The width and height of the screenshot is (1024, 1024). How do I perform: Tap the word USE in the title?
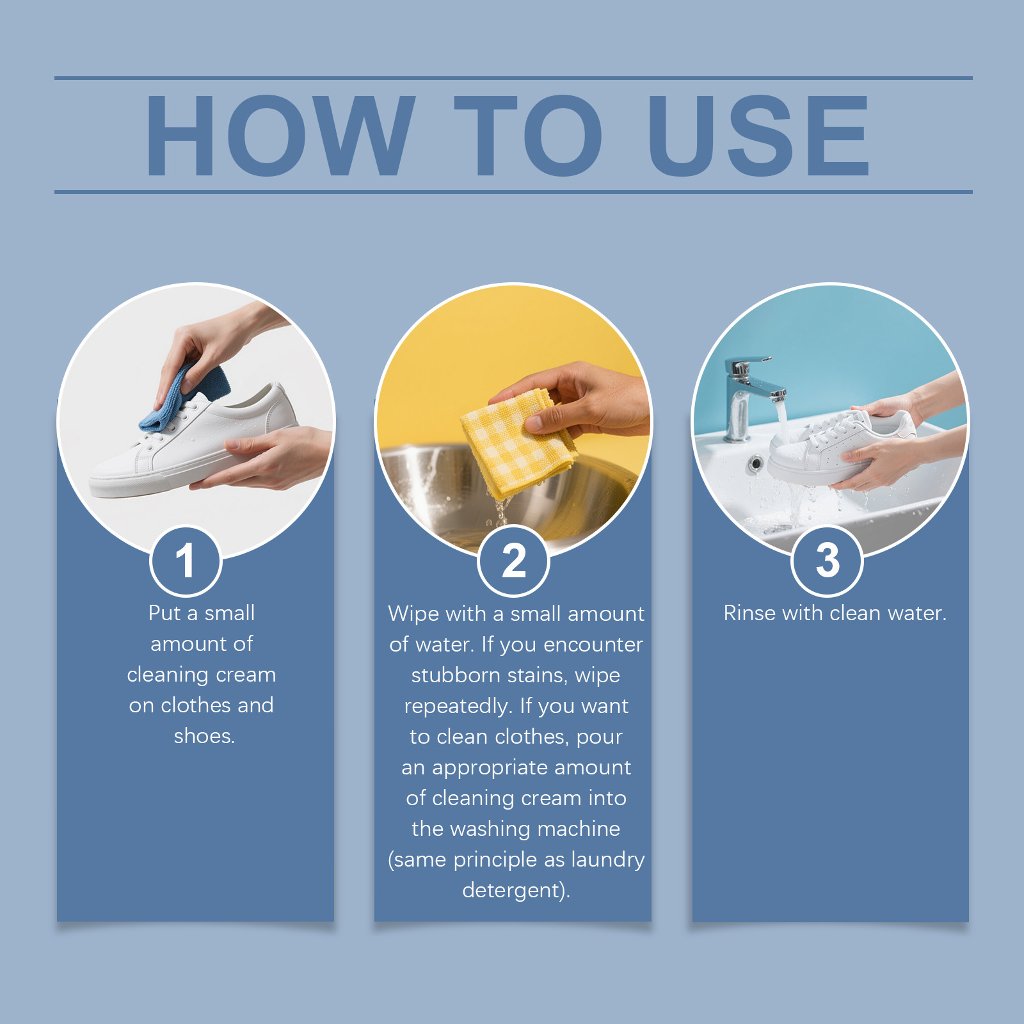(758, 135)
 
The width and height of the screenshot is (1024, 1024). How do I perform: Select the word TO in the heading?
(528, 135)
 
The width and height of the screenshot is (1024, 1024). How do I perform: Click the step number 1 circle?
(186, 561)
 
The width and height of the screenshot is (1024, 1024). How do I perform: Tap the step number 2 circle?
(513, 561)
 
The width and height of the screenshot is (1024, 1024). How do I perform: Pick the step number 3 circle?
(827, 561)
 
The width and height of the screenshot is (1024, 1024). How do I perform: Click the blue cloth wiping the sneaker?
(186, 397)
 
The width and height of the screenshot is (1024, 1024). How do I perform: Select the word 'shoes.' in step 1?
(204, 736)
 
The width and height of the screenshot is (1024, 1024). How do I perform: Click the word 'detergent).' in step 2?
(516, 890)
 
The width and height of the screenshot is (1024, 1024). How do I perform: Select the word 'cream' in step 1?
(246, 675)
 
